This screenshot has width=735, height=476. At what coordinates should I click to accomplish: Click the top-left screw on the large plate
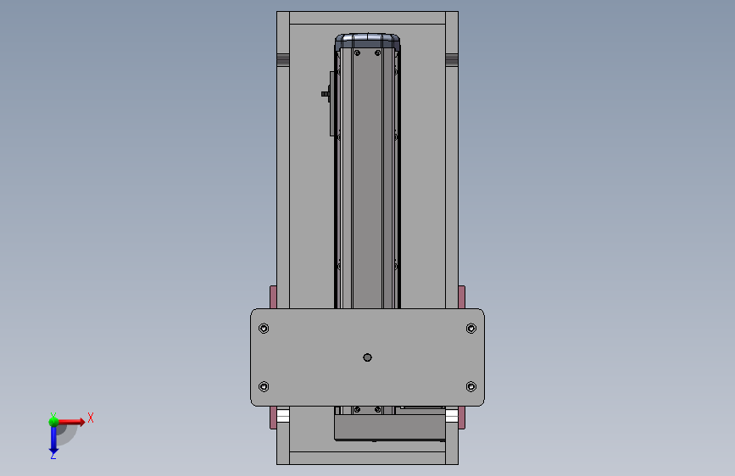coord(264,329)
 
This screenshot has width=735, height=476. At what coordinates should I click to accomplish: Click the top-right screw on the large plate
coord(471,329)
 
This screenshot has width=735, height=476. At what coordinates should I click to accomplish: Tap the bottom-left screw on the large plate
coord(264,386)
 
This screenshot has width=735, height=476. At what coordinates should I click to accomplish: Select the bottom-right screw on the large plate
coord(471,386)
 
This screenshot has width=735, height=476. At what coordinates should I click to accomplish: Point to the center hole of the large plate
coord(368,357)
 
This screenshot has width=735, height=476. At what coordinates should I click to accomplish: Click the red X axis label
coord(91,418)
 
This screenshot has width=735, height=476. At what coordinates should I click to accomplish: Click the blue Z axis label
coord(53,455)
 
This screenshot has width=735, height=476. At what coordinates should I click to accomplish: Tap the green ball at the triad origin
coord(54,421)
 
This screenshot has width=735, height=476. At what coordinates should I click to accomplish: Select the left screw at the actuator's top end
coord(357,53)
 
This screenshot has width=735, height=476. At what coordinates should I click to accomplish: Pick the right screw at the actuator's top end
coord(378,53)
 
